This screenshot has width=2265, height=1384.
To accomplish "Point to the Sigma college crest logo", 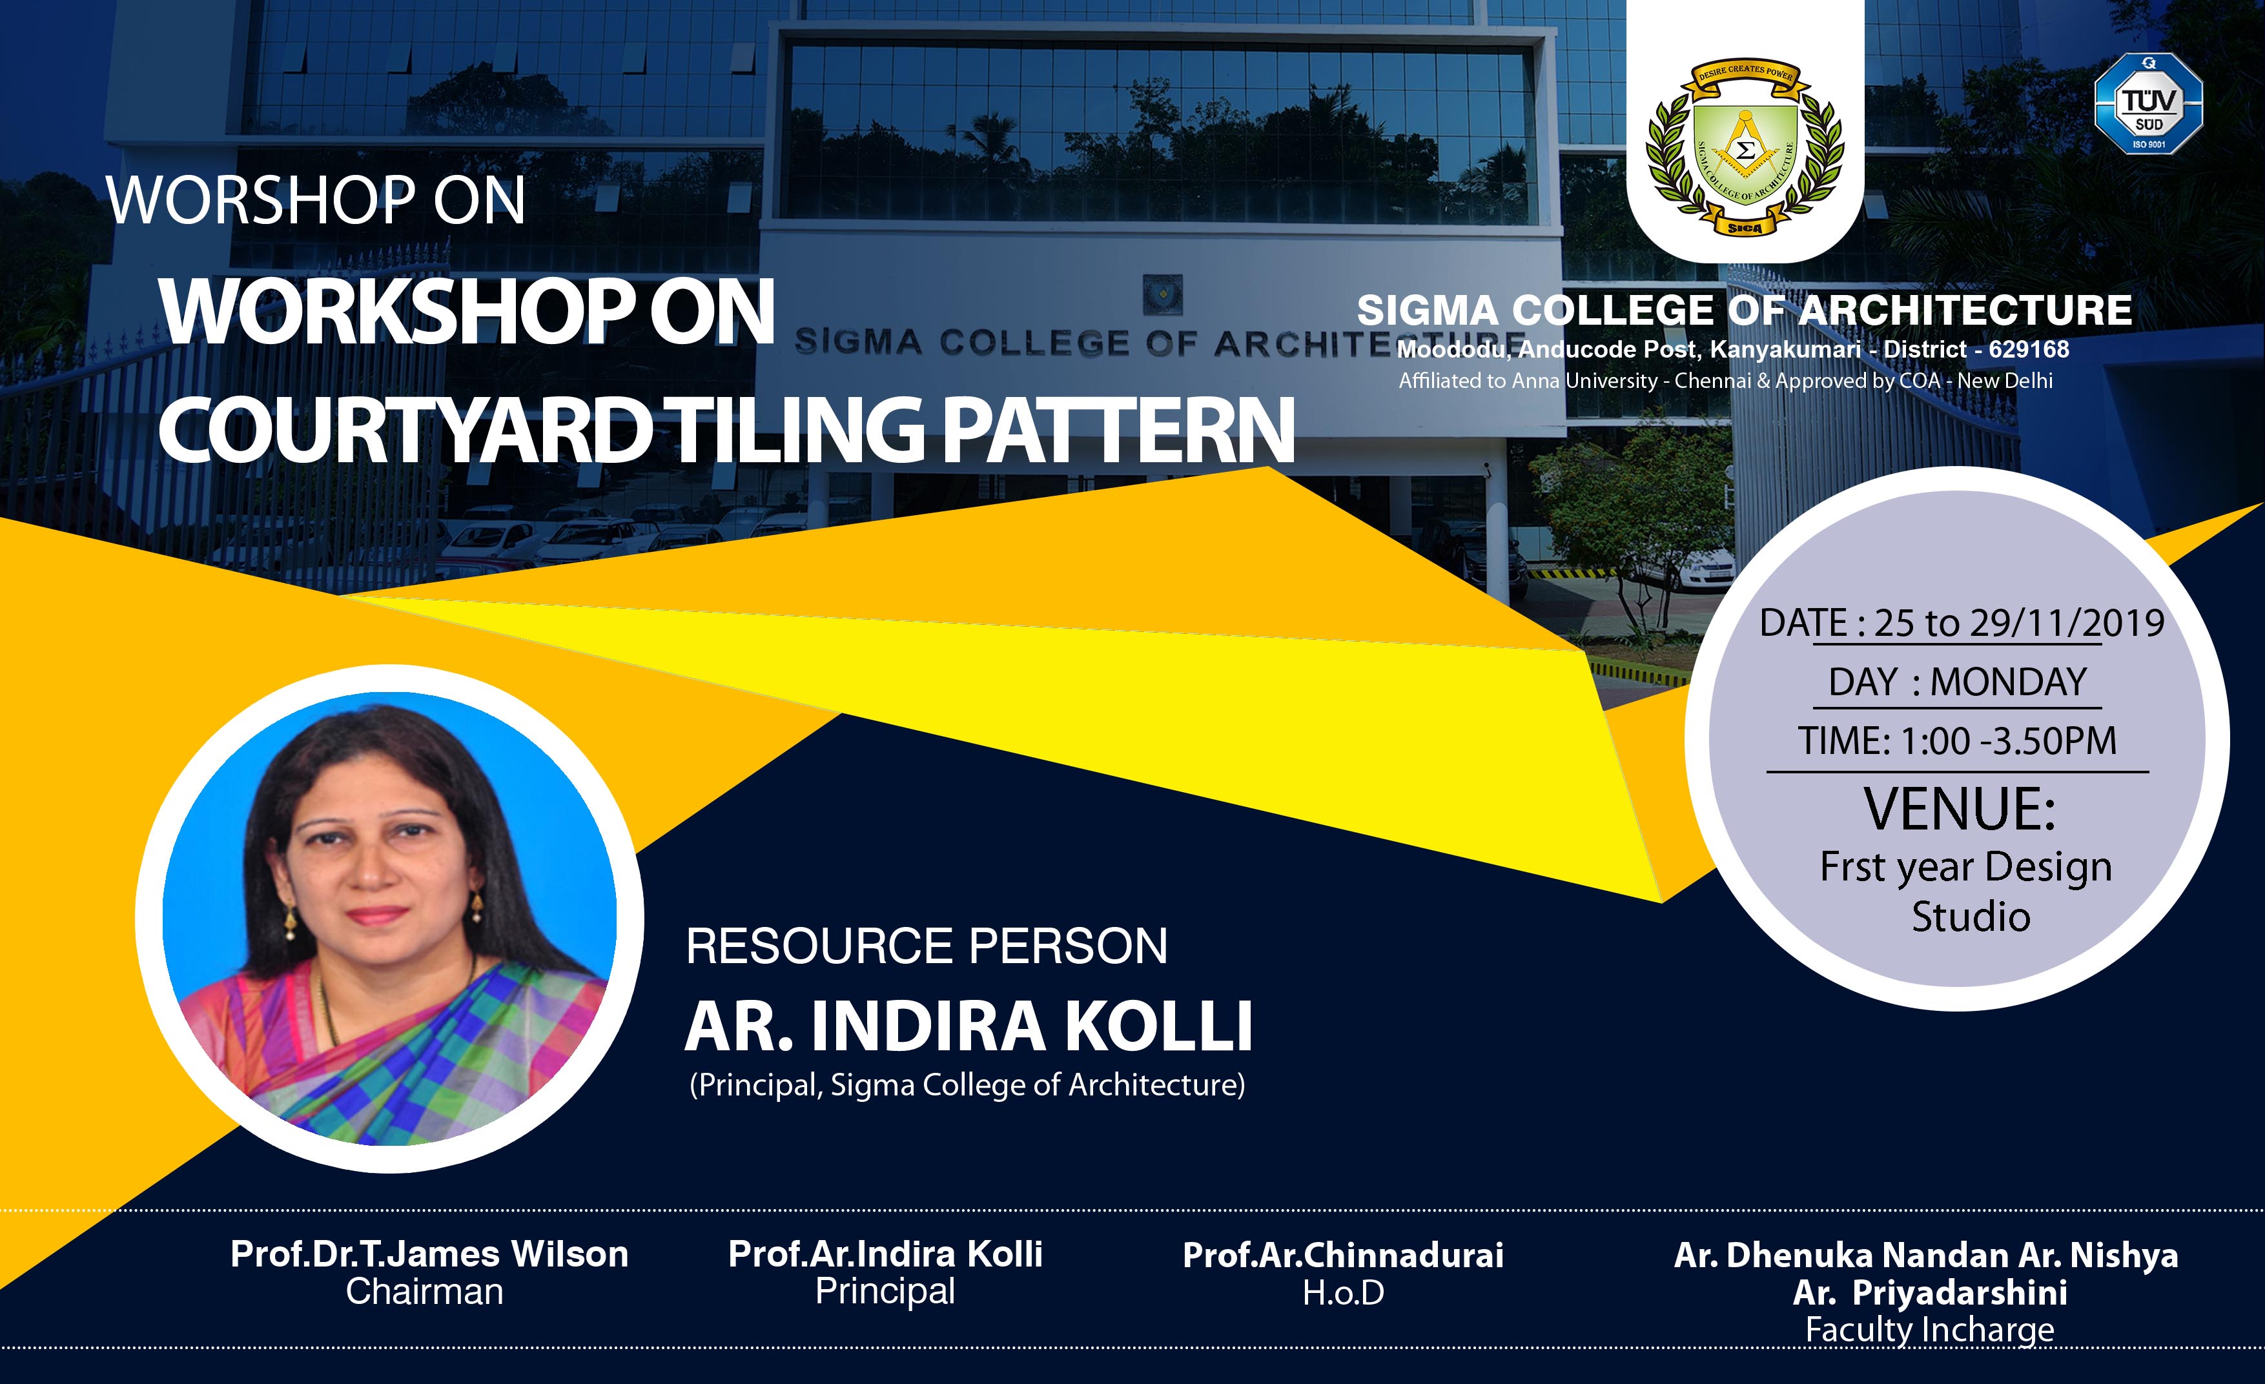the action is coord(1744,147).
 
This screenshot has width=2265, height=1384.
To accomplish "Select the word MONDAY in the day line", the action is coord(2009,682).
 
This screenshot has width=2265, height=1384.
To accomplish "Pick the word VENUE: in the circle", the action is coord(1959,809).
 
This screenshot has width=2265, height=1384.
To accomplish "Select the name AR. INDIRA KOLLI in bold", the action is coord(969,1026).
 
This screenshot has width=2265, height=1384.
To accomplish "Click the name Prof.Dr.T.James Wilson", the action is coord(429,1254).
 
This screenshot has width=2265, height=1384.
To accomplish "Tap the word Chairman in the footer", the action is coord(425,1292).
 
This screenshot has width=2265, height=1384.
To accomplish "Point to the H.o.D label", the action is coord(1343,1293).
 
